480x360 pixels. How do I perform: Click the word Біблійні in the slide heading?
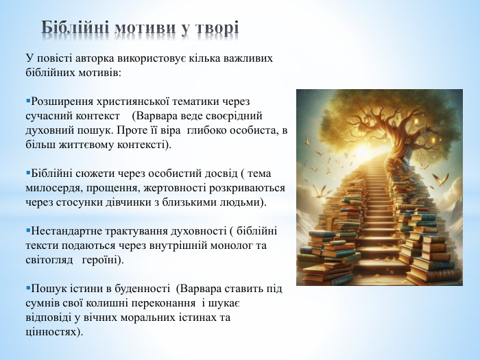coord(75,28)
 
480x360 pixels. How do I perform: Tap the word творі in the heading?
coord(215,28)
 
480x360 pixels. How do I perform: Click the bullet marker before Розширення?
coord(27,101)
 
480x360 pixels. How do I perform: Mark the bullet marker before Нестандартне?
coord(27,231)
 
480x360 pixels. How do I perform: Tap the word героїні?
coord(102,260)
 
